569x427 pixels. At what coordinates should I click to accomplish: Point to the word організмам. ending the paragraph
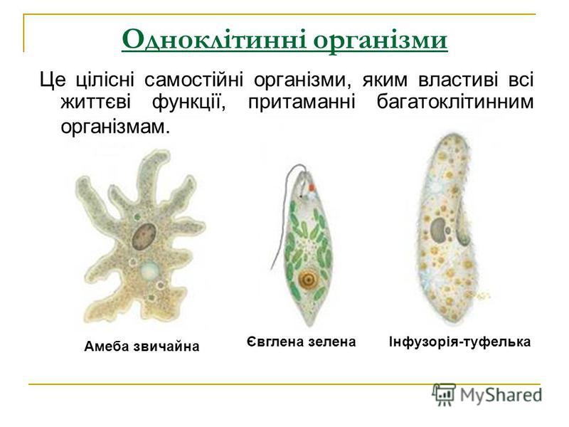tap(115, 127)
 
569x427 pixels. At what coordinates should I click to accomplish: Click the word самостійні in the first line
tap(194, 80)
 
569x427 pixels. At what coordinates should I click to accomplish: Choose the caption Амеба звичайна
tap(142, 346)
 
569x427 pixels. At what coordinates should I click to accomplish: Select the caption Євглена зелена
tap(301, 342)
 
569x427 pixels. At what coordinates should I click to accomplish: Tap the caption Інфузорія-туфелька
tap(459, 342)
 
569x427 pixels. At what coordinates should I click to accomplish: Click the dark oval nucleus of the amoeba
tap(144, 236)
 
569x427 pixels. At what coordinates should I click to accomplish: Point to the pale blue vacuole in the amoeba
tap(149, 269)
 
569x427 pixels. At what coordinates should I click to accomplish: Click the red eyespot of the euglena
tap(312, 187)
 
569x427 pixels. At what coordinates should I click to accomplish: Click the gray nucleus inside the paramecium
tap(438, 229)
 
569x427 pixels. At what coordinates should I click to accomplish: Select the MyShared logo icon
tap(443, 394)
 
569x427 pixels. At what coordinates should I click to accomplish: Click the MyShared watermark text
tap(501, 395)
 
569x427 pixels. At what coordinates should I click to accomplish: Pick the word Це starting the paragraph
tap(53, 80)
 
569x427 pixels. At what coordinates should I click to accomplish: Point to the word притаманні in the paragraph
tap(302, 103)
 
